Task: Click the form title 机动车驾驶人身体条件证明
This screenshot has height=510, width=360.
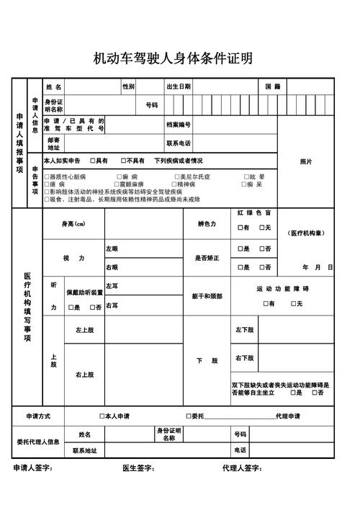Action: [x=173, y=58]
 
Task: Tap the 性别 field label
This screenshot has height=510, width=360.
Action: [x=128, y=86]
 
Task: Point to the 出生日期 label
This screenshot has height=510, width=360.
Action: [x=179, y=86]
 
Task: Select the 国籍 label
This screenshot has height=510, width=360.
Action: [x=273, y=86]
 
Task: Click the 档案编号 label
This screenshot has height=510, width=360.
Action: [x=179, y=125]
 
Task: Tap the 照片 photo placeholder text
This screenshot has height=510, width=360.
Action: [x=306, y=161]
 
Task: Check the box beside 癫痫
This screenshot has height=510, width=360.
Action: [x=120, y=176]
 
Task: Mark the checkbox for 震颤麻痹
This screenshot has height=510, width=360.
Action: [x=120, y=184]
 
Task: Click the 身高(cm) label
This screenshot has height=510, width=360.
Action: [x=73, y=224]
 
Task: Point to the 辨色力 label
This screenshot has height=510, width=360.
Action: [x=207, y=224]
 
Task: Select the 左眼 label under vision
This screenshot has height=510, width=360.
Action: [x=112, y=249]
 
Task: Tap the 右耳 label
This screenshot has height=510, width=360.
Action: [x=112, y=305]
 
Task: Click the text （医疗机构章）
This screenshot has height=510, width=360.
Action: [x=307, y=233]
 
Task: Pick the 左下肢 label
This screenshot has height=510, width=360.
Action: [x=244, y=329]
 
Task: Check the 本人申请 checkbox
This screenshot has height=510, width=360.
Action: [x=102, y=416]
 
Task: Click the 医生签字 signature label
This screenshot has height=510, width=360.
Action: [x=138, y=468]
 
